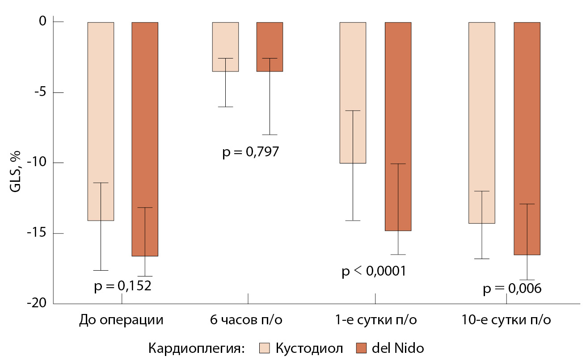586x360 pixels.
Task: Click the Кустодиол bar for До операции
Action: pos(101,121)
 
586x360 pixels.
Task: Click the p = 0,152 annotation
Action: pos(123,286)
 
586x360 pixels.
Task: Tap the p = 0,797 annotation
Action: pos(251,152)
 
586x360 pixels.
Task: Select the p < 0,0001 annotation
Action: pos(374,271)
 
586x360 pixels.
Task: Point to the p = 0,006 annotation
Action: pos(512,289)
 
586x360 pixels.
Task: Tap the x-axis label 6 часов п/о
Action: pos(246,320)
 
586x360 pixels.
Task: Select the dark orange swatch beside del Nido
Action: pos(361,348)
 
